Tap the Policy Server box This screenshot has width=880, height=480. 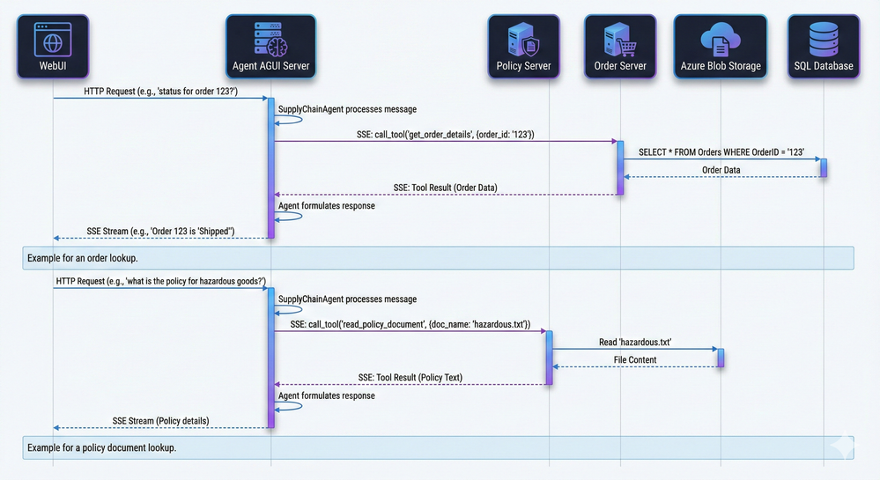click(x=524, y=45)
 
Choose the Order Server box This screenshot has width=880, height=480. click(x=620, y=45)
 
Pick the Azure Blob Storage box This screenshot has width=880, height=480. click(x=721, y=45)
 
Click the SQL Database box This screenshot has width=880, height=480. click(x=824, y=45)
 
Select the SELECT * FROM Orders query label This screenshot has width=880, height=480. click(x=721, y=151)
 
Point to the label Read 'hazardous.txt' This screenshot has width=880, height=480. click(x=635, y=342)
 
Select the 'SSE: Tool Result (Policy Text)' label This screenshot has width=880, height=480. click(x=410, y=378)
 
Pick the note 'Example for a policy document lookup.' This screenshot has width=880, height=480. click(x=102, y=447)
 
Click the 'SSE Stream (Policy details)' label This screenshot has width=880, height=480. click(x=160, y=421)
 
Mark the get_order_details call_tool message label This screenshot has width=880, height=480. click(x=412, y=134)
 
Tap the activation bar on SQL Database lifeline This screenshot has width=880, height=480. click(x=824, y=167)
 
